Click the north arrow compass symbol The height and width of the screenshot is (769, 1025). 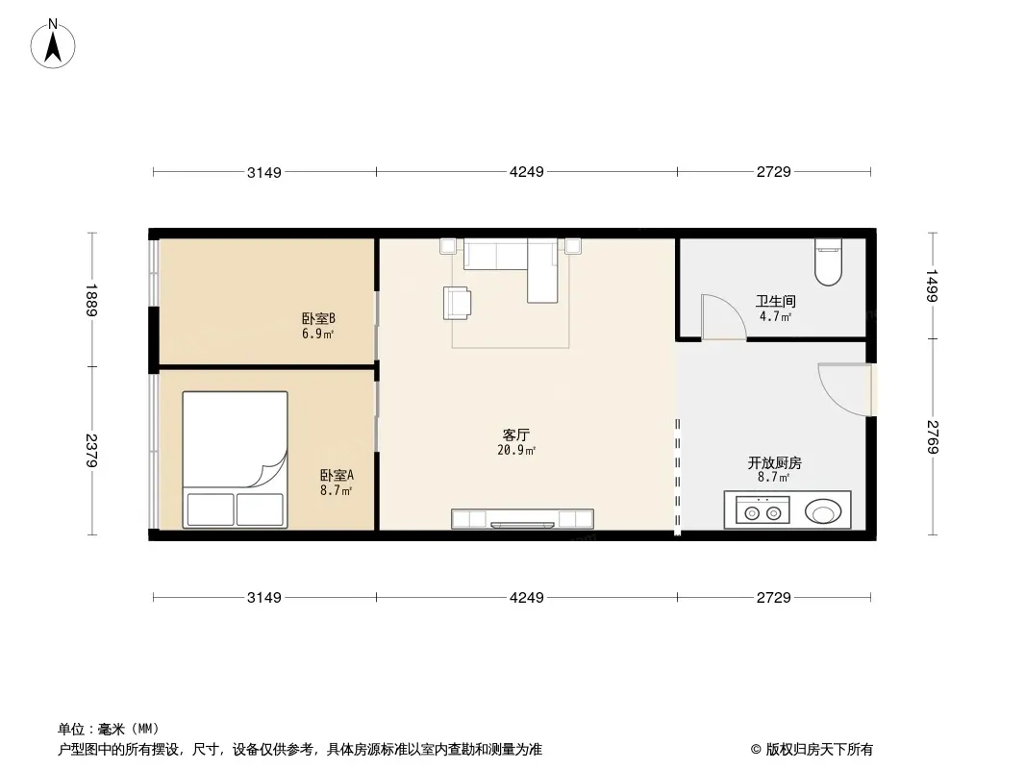pos(53,44)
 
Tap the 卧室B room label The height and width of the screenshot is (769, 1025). pos(318,319)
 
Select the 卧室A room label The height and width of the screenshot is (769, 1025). pos(337,476)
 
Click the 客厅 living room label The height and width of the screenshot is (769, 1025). pos(515,435)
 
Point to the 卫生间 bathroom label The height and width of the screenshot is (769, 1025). pos(775,301)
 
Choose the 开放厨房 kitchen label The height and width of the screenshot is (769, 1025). pos(775,463)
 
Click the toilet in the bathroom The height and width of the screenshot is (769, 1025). pos(828,262)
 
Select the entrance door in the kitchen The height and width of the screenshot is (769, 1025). pos(844,389)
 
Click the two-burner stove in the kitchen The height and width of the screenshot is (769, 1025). pos(762,510)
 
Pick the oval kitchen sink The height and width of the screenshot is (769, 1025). pos(822,511)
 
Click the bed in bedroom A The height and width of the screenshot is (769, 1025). pos(235,459)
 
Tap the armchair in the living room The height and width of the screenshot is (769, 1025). pos(457,303)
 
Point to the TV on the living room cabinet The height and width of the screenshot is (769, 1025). pos(522,525)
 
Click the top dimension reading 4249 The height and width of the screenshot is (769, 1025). pos(527,172)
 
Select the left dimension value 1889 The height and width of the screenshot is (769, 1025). pos(90,300)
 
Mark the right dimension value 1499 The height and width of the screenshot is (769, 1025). pos(932,285)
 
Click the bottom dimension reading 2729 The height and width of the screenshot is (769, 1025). pos(774,597)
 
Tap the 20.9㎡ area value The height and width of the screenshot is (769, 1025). pos(516,450)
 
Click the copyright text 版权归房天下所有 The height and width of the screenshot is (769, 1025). pos(819,750)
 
